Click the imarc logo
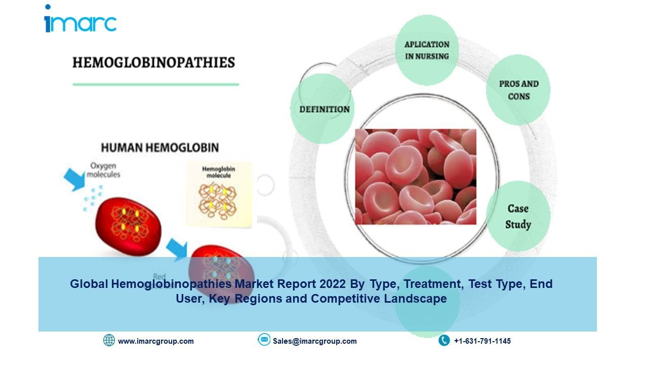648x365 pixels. click(80, 20)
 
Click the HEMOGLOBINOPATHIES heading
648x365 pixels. click(154, 63)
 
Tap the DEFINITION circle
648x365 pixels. click(325, 109)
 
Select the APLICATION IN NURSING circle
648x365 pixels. click(427, 50)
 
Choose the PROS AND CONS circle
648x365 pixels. click(518, 90)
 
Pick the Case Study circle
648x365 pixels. click(518, 216)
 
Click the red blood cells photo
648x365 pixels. click(415, 176)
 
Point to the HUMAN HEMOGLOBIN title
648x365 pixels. click(160, 148)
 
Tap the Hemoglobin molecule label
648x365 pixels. click(219, 172)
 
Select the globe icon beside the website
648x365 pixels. click(109, 340)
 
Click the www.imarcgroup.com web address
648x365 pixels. click(156, 341)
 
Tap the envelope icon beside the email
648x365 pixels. click(264, 340)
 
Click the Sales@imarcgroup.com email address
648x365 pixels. click(315, 341)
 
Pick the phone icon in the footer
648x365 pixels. click(444, 340)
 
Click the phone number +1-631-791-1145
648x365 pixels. click(482, 341)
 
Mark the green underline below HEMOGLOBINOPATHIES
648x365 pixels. click(156, 84)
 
